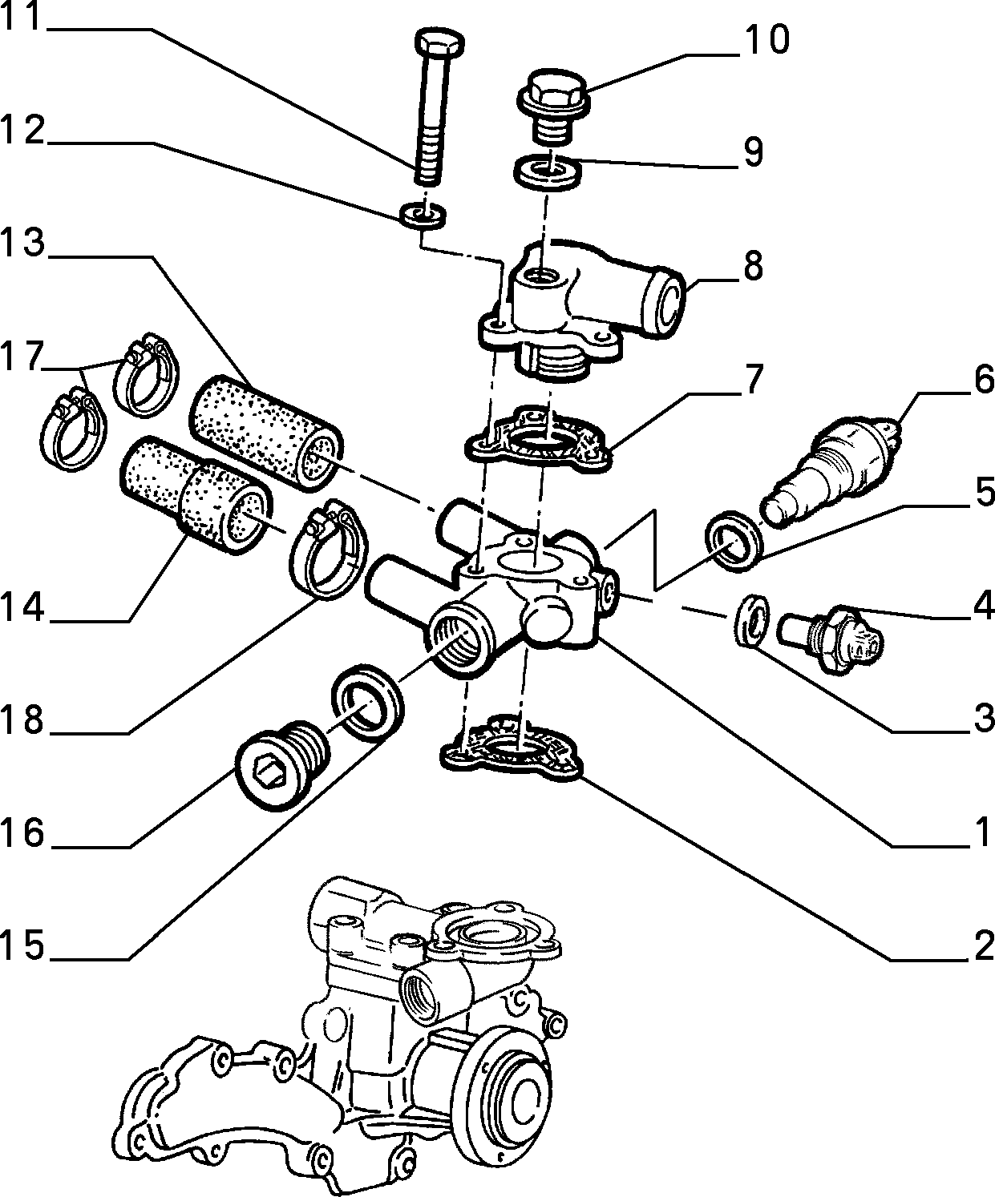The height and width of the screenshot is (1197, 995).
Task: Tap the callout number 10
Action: click(766, 39)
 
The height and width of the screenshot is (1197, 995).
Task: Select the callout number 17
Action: click(22, 356)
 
